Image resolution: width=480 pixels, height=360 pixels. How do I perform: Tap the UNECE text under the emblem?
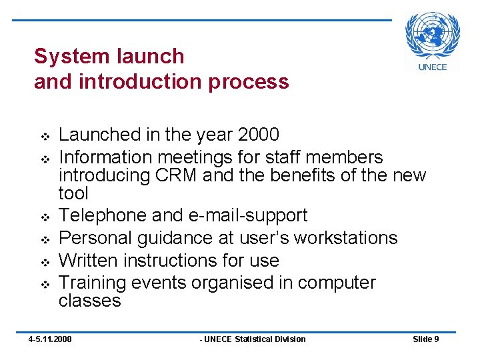[433, 67]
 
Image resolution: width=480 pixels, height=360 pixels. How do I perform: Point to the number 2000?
[257, 135]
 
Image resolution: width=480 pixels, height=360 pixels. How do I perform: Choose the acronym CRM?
[175, 175]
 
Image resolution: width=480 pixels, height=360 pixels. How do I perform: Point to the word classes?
[90, 301]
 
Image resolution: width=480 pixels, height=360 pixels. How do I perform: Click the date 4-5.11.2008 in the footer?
[49, 339]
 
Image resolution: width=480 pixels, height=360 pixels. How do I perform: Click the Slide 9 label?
[425, 339]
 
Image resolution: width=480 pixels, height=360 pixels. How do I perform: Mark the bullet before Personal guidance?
[45, 239]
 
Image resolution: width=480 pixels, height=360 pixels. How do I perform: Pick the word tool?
[73, 193]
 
